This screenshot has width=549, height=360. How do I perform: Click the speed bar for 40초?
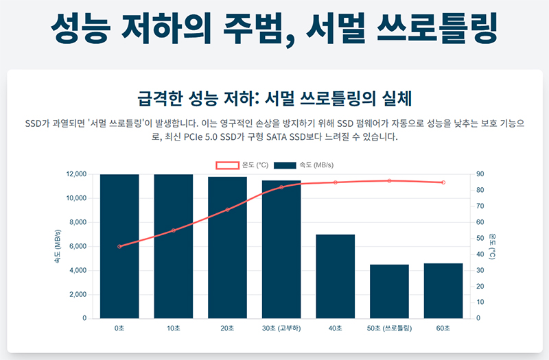click(335, 276)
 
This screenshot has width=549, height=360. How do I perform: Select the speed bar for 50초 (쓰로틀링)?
click(389, 291)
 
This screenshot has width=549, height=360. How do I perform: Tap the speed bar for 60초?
click(443, 291)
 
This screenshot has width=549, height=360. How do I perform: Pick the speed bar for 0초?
click(119, 246)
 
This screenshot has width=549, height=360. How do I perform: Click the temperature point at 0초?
click(119, 246)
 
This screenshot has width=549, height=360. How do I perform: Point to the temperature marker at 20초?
click(227, 209)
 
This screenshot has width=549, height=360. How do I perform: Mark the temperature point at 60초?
click(443, 182)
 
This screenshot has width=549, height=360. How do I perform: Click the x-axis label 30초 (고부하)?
click(281, 329)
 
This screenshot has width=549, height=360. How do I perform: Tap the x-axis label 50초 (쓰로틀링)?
click(389, 329)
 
